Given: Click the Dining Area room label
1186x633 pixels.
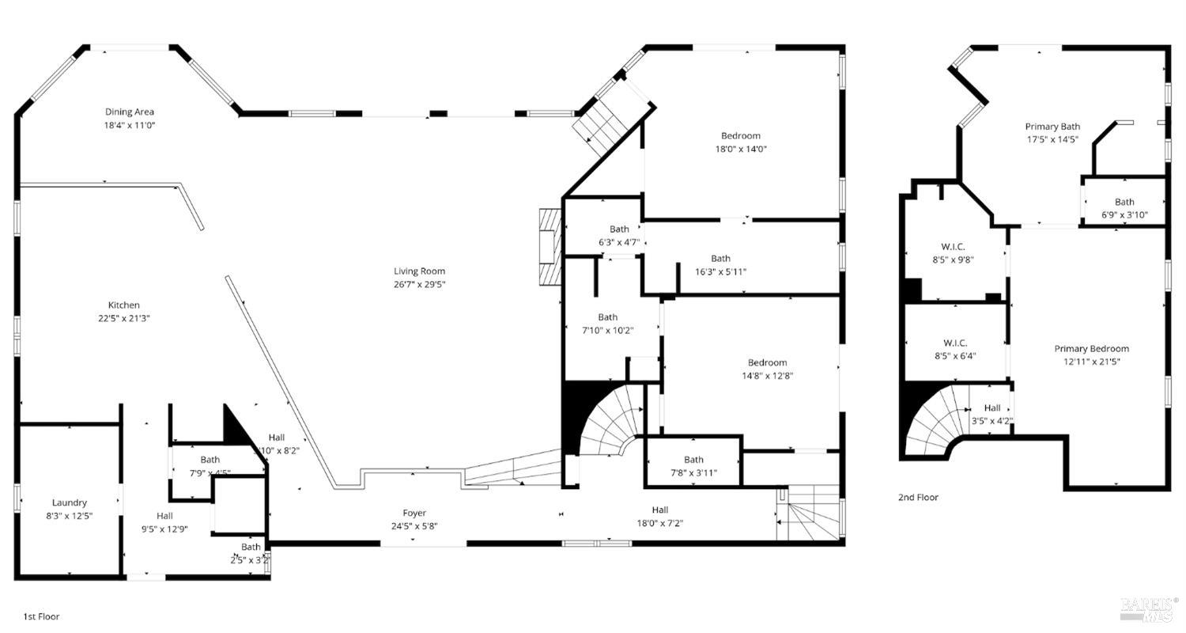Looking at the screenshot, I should (x=130, y=112).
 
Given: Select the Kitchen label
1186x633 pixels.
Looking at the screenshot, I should (x=124, y=305).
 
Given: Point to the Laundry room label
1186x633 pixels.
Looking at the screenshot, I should (x=70, y=503).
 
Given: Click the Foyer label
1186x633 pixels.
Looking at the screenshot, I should (x=414, y=514).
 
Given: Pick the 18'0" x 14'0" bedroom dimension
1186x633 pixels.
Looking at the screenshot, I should (x=740, y=149).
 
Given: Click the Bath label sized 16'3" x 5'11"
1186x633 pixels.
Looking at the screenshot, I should (x=720, y=259).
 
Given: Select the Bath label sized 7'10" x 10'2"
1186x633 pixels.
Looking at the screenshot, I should (x=607, y=317).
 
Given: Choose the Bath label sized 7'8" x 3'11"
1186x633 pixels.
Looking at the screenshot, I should (x=693, y=460).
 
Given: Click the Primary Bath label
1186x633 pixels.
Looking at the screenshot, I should (x=1052, y=127).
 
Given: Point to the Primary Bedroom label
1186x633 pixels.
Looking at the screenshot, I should (x=1091, y=349).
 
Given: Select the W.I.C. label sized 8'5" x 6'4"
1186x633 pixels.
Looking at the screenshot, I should (x=954, y=343).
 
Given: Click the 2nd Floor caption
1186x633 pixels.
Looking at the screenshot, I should (x=918, y=498).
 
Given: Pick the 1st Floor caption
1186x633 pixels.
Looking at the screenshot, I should (x=41, y=616).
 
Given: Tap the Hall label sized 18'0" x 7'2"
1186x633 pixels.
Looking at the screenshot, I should (x=660, y=510).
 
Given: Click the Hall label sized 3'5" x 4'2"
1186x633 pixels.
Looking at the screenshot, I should (x=991, y=408).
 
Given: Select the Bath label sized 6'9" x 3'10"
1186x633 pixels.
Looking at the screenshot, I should (x=1124, y=203).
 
